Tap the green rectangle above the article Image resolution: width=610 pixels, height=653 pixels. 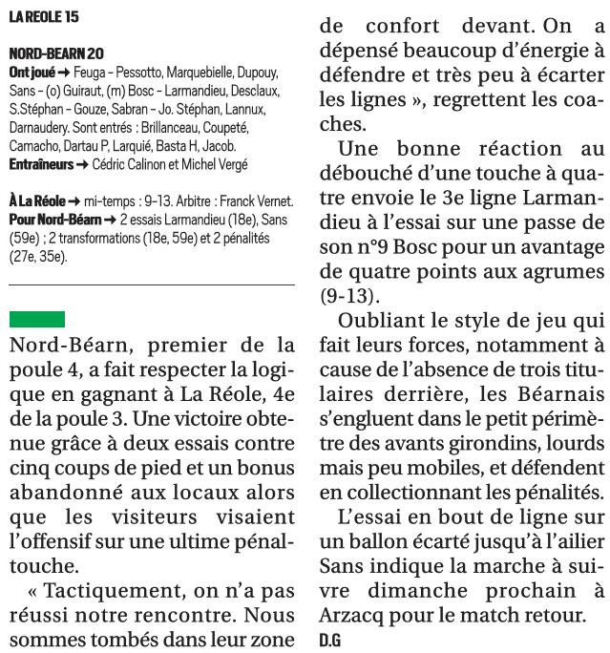[x=36, y=319]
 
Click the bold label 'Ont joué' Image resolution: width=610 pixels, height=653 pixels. [x=31, y=74]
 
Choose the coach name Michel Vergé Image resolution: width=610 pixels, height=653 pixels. [x=211, y=164]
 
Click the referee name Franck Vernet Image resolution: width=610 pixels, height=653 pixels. [x=258, y=201]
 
